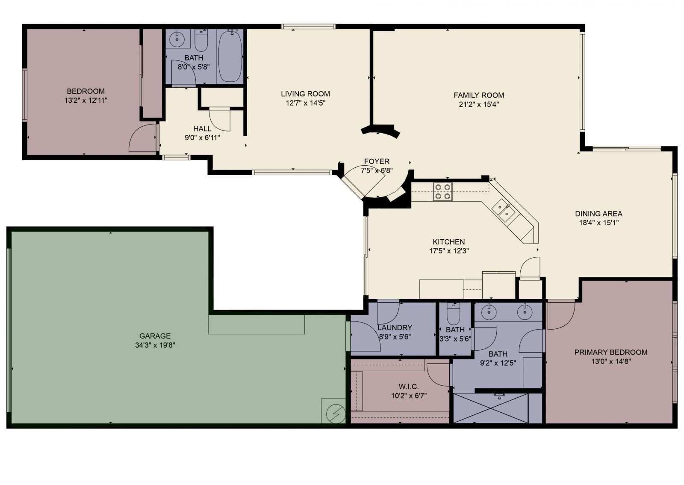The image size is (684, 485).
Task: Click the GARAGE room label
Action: tap(155, 336)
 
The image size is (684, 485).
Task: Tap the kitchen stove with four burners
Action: tap(442, 191)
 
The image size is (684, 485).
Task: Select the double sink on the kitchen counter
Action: tap(503, 211)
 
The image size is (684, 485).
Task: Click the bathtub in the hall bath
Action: tap(230, 56)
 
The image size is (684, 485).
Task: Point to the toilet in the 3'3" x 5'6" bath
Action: tap(453, 315)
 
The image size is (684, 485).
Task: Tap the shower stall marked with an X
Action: tap(490, 408)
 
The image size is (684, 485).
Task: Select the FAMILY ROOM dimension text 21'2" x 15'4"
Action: tap(479, 104)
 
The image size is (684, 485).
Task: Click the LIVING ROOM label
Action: tap(305, 94)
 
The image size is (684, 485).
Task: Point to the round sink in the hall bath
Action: tap(177, 40)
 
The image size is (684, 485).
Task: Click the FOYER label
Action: tap(377, 161)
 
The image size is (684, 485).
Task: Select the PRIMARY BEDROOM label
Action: tap(610, 352)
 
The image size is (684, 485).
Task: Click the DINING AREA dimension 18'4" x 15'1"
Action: tap(598, 223)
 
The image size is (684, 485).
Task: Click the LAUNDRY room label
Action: tap(395, 328)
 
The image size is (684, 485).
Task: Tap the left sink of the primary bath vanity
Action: tap(488, 313)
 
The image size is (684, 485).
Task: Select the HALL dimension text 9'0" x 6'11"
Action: tap(202, 137)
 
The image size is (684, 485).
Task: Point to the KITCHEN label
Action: tap(449, 242)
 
